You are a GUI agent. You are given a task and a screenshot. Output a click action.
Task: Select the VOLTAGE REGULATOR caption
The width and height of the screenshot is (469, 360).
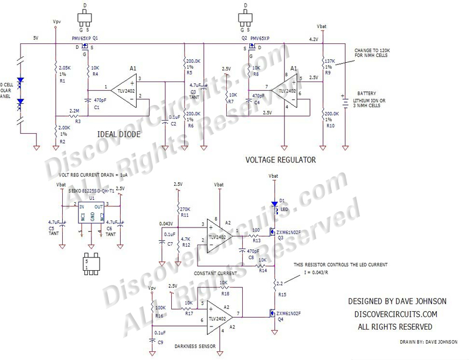(x=281, y=159)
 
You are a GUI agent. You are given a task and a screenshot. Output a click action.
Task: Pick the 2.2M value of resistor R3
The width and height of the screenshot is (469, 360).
(x=74, y=110)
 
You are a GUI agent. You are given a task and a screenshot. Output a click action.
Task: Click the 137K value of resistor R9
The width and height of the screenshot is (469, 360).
(x=329, y=61)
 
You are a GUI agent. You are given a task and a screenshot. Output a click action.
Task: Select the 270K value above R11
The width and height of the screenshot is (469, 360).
(x=185, y=209)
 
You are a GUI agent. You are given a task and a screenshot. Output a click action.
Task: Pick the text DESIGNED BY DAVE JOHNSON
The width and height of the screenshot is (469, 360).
(x=397, y=301)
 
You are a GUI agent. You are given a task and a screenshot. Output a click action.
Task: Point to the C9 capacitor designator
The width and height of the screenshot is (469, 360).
(x=160, y=341)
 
